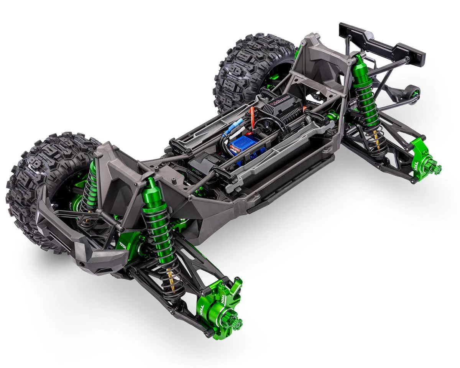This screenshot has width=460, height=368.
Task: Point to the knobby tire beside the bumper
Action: point(42,184)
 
